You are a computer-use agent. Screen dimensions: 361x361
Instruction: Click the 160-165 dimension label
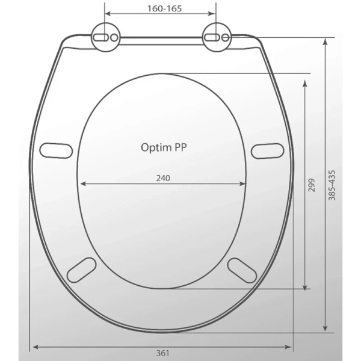(x=164, y=8)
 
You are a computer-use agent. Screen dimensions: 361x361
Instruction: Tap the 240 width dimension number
(x=163, y=178)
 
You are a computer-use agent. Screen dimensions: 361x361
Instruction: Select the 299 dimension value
(x=311, y=185)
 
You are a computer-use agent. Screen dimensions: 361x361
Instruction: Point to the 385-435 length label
(x=332, y=185)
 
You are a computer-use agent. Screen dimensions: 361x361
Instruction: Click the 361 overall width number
(x=163, y=353)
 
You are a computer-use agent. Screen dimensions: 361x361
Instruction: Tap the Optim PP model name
(x=164, y=147)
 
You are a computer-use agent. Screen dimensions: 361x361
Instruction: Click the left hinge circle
(x=106, y=37)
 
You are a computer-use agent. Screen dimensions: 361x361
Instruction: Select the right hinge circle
(x=217, y=37)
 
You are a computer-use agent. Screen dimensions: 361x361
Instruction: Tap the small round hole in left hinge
(x=114, y=37)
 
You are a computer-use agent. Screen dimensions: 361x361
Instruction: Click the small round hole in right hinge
(x=225, y=37)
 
